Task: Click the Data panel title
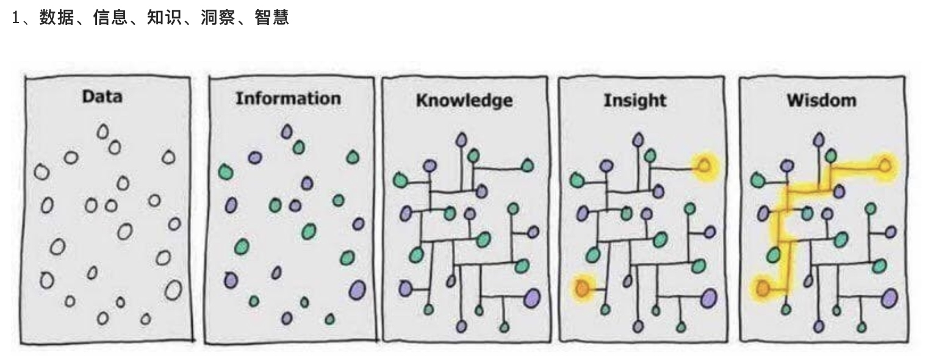point(102,97)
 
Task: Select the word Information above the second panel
point(289,98)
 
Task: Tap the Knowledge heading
point(464,101)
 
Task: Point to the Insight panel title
point(634,101)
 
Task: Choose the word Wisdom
point(821,100)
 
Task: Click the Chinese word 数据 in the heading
point(57,18)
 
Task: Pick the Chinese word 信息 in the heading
point(110,18)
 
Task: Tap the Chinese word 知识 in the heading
point(164,18)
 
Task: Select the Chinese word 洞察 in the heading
point(218,18)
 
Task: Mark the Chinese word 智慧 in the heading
point(272,18)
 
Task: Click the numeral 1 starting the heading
point(16,18)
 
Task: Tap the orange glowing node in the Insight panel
point(582,287)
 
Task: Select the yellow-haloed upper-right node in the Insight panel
point(703,167)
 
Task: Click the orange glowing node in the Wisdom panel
point(763,287)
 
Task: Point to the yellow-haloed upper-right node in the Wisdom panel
point(885,166)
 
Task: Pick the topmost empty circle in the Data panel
point(102,132)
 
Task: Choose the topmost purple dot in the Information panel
point(286,132)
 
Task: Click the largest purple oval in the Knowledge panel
point(532,298)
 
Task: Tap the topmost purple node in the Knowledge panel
point(461,140)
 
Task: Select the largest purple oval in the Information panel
point(357,290)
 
